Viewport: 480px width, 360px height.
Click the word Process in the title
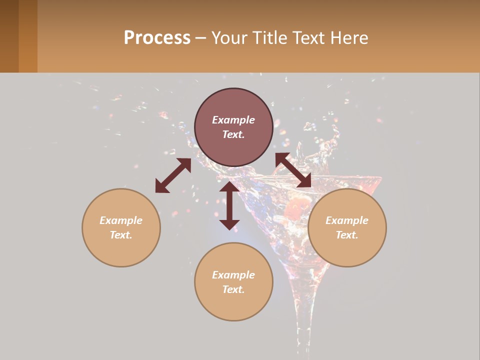click(x=157, y=38)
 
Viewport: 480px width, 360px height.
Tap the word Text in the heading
click(x=308, y=38)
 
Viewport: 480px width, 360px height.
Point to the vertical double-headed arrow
click(x=229, y=205)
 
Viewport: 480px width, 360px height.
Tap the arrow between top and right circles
click(x=293, y=170)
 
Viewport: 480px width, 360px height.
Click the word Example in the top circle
click(x=233, y=120)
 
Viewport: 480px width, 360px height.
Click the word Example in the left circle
click(x=121, y=220)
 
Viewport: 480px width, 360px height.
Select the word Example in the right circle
click(x=347, y=220)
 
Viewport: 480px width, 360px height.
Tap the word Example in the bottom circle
click(x=233, y=275)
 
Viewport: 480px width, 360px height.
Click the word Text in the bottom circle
click(x=233, y=289)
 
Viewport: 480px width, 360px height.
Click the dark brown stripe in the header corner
click(x=9, y=36)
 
